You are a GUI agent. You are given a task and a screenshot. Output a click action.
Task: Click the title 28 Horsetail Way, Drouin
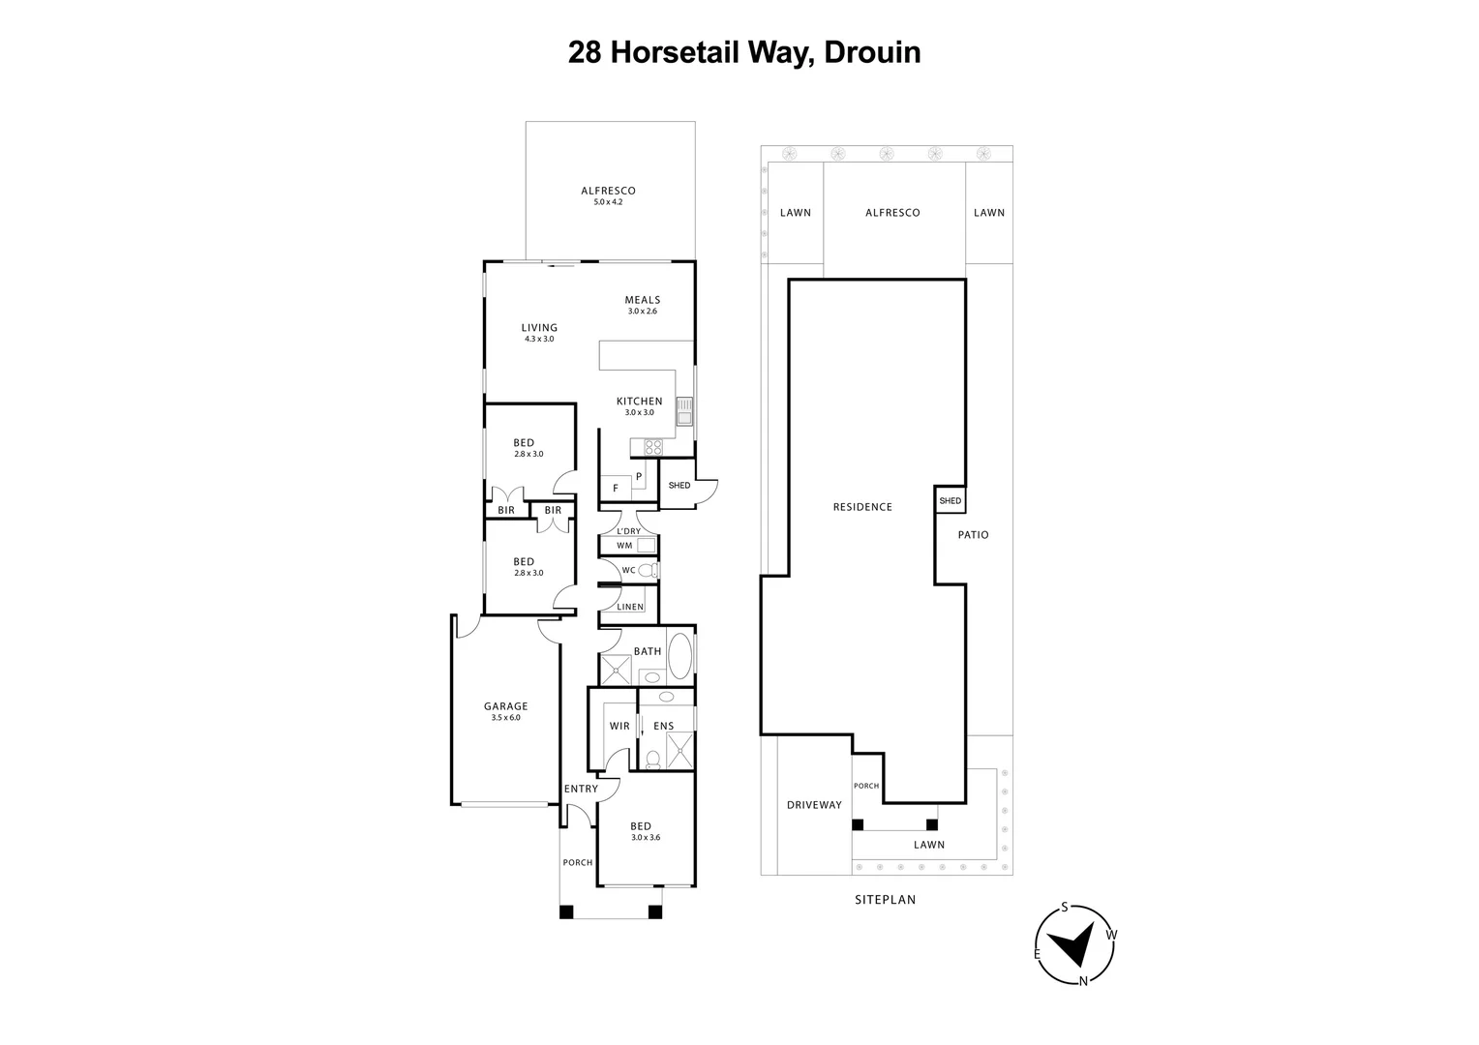[743, 52]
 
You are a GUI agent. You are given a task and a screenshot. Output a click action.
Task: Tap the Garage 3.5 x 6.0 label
[505, 711]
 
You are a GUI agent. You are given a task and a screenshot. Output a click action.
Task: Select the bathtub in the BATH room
[680, 655]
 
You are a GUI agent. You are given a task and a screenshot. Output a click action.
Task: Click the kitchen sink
[684, 411]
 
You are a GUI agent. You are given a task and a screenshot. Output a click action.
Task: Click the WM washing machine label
[624, 546]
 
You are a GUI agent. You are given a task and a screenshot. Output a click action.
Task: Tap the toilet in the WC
[649, 571]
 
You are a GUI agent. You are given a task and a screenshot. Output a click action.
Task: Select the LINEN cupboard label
[630, 607]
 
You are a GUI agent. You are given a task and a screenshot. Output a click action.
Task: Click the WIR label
[619, 726]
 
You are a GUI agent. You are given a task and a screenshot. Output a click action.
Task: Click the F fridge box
[615, 489]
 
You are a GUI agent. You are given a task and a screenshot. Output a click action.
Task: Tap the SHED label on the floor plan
[679, 485]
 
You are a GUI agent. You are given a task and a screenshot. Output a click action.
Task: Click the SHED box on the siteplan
[950, 500]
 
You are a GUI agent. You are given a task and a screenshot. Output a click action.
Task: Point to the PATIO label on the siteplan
[973, 535]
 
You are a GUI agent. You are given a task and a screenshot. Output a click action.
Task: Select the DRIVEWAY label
[814, 805]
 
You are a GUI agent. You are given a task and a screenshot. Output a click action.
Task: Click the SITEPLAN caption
[885, 900]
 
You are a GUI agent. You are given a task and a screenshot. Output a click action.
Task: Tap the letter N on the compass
[1084, 981]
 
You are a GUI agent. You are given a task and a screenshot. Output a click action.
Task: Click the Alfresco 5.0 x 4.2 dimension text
[608, 202]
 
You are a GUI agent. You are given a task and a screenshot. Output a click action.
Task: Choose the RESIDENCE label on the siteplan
[862, 507]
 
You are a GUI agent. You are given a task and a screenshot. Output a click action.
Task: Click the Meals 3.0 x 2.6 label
[642, 305]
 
